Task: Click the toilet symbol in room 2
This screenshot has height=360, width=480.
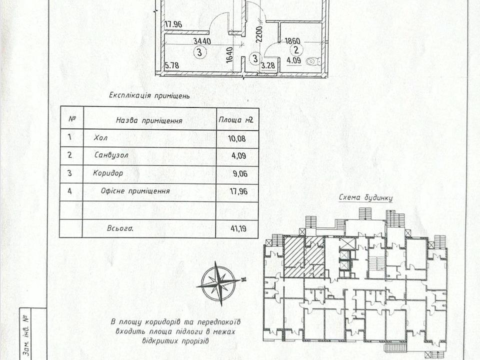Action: click(313, 62)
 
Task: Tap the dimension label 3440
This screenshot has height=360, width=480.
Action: click(201, 40)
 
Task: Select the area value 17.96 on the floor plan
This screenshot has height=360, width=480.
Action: click(173, 24)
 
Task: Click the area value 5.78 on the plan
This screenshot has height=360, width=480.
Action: click(171, 65)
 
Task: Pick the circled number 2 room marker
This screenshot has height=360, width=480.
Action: click(296, 50)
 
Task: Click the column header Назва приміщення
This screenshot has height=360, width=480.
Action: click(149, 120)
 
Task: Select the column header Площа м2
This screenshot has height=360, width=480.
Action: click(236, 119)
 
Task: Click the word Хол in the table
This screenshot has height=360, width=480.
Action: click(100, 138)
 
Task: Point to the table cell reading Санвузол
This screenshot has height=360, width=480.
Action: click(111, 155)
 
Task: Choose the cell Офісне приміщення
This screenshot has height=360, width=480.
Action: click(135, 191)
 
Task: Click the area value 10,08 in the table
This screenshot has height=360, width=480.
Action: click(236, 139)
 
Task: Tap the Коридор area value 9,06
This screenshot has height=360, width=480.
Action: click(240, 174)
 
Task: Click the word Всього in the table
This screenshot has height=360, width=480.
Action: click(120, 228)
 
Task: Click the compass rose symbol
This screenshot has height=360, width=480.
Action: click(218, 283)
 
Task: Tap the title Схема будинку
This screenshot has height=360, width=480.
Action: click(365, 198)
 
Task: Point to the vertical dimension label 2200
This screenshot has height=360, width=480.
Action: click(259, 34)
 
